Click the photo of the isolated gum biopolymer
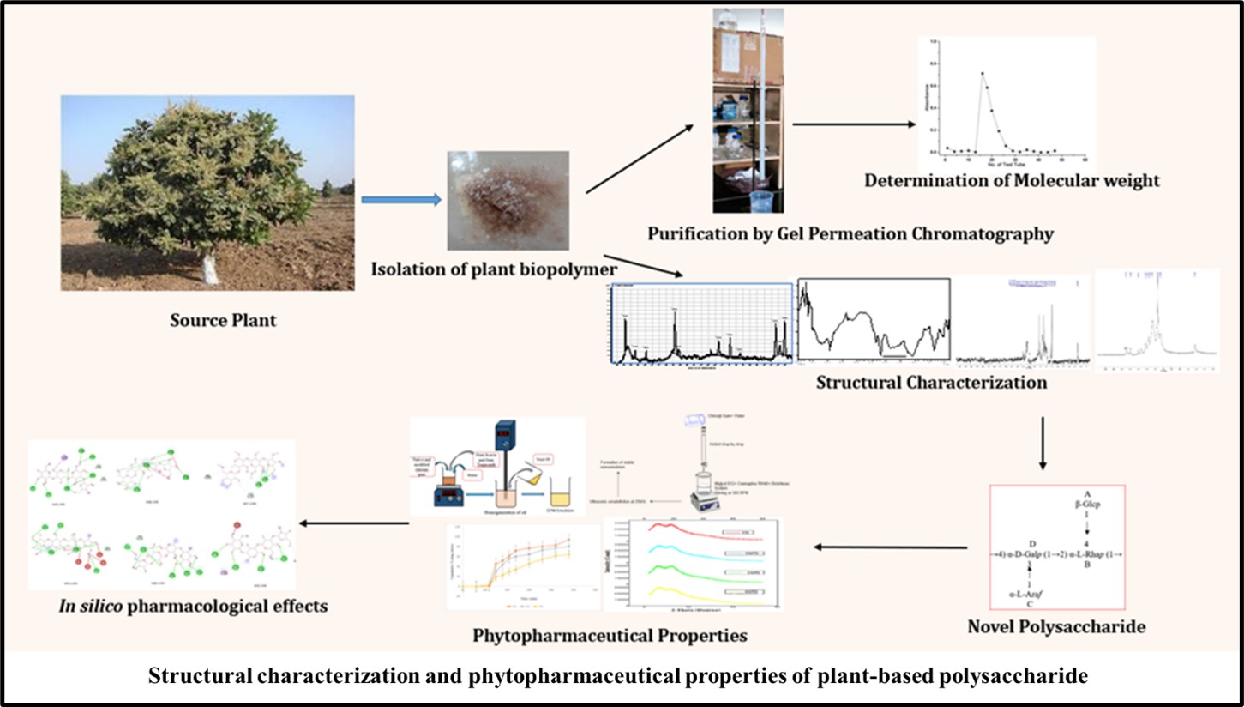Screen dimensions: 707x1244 (x=508, y=201)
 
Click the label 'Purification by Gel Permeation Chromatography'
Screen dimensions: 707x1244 (x=850, y=233)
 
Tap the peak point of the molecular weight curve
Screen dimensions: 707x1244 (x=982, y=74)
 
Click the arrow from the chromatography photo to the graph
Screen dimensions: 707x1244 (x=854, y=124)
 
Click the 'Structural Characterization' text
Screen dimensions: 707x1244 (x=931, y=383)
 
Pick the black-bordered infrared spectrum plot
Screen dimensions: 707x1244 (x=874, y=319)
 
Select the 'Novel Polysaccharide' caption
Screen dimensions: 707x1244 (x=1056, y=627)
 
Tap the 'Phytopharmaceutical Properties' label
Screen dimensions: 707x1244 (x=610, y=636)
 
